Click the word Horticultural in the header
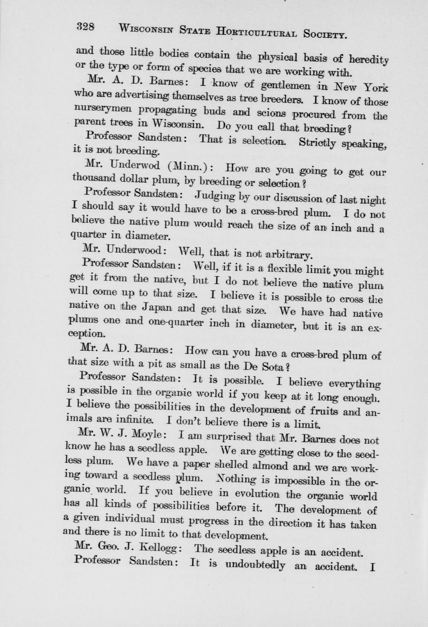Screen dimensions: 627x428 coord(257,32)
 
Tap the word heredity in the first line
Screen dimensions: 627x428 coord(368,59)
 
